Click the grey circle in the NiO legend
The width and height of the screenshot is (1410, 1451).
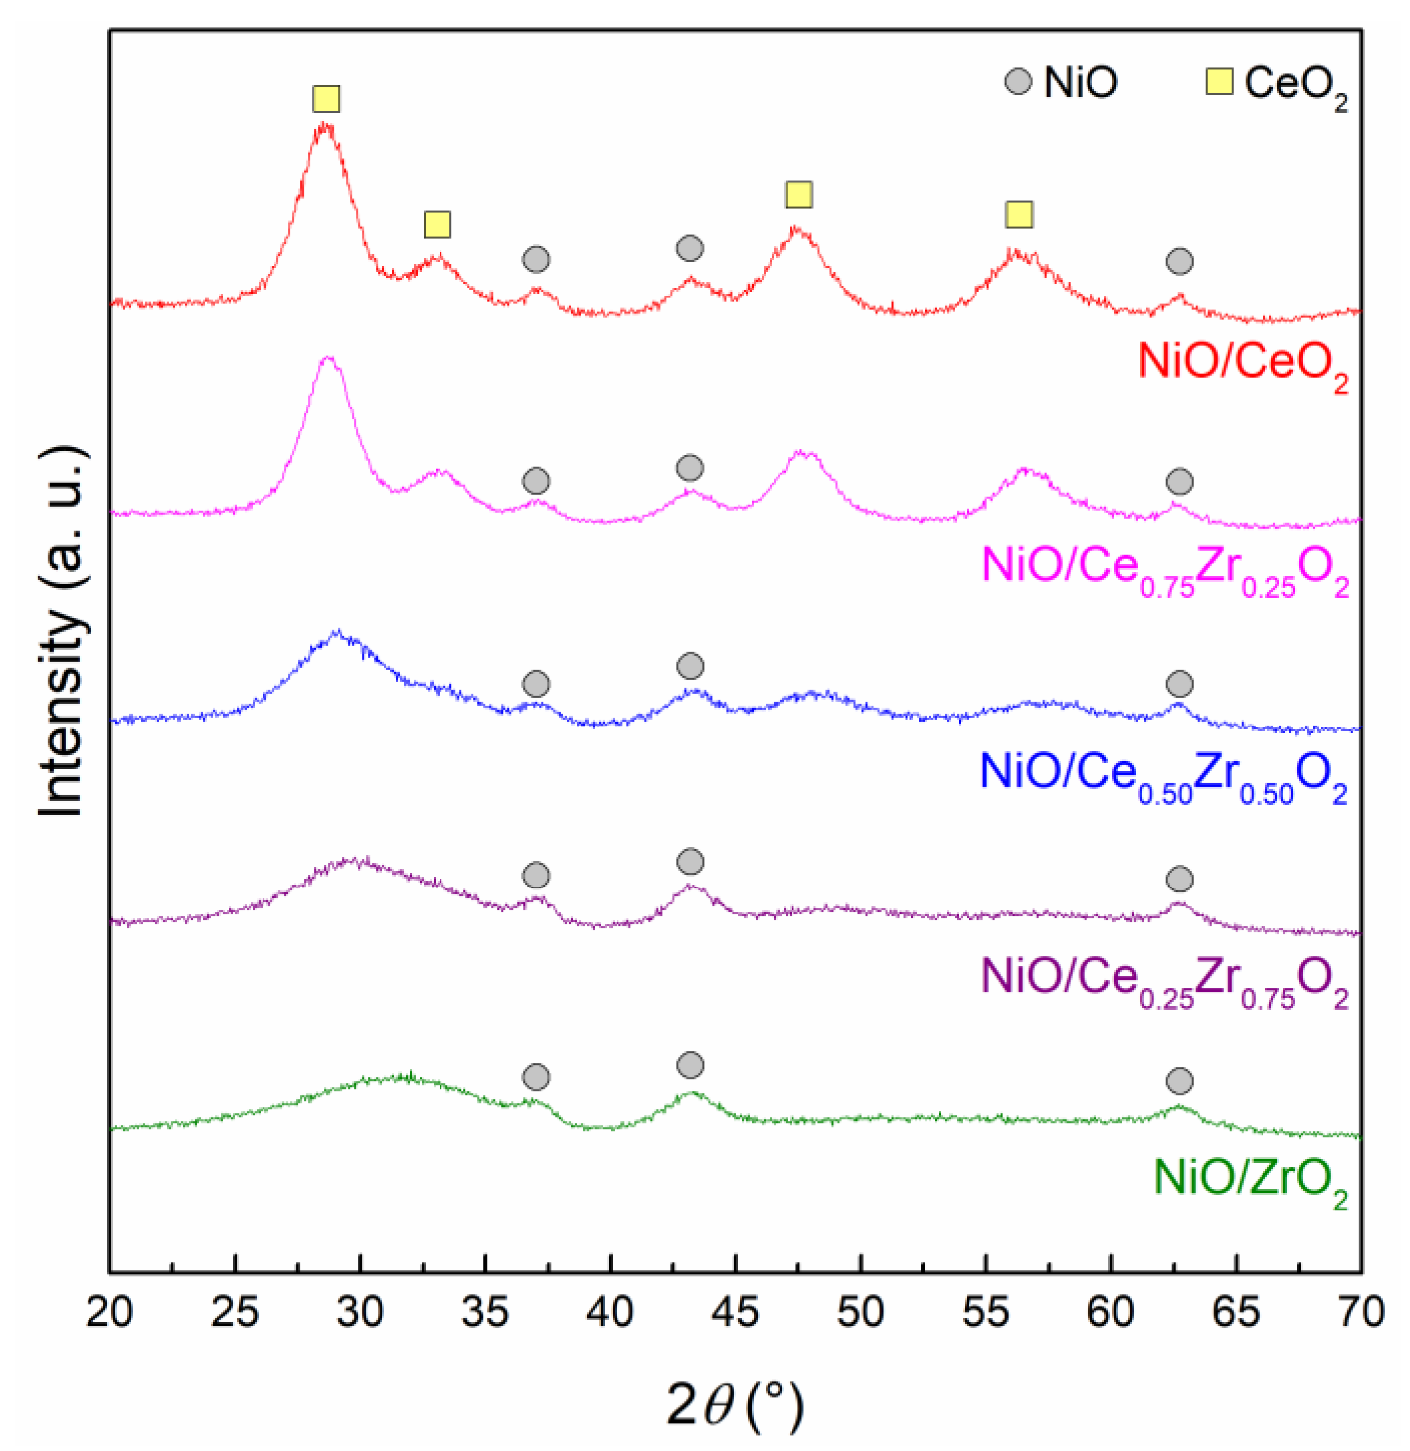[x=1018, y=81]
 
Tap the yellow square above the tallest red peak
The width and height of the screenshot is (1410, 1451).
[x=327, y=99]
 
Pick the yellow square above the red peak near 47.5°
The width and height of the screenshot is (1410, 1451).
[x=799, y=195]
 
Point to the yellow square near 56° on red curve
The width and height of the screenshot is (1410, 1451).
[x=1019, y=215]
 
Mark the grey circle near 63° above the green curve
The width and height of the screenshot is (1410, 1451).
[x=1180, y=1081]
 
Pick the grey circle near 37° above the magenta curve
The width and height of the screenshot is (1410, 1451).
[x=536, y=481]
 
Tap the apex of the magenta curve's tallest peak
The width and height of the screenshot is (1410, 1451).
[x=329, y=358]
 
